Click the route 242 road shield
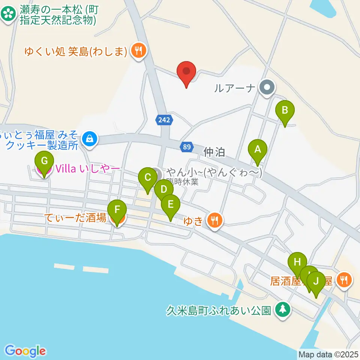pos(164,120)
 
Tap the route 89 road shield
pos(187,147)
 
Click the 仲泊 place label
pos(214,152)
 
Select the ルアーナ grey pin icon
pos(267,88)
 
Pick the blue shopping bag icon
pos(90,139)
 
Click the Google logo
pos(25,351)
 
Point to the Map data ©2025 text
pos(328,354)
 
